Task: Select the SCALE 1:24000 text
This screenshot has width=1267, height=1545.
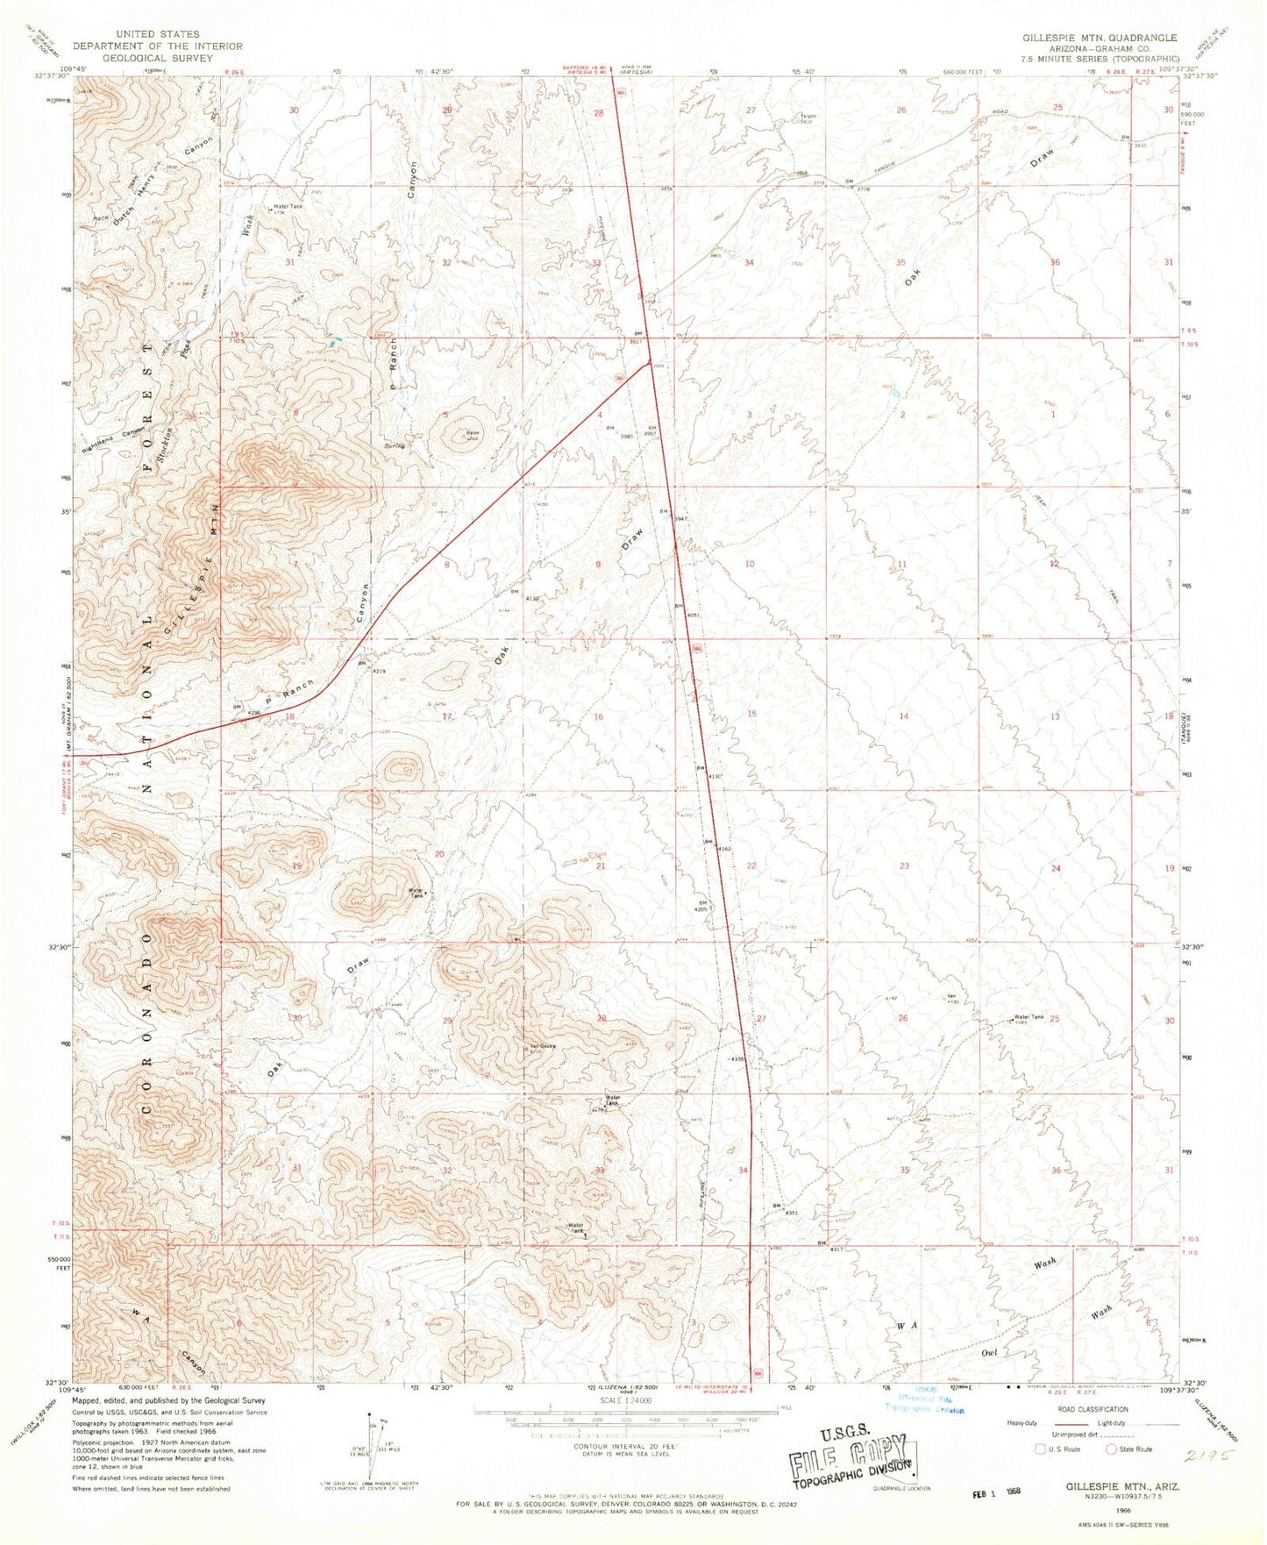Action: pos(625,1425)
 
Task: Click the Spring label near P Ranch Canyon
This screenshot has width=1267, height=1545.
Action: pos(392,446)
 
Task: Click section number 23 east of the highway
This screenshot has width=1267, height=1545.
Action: pos(904,866)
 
